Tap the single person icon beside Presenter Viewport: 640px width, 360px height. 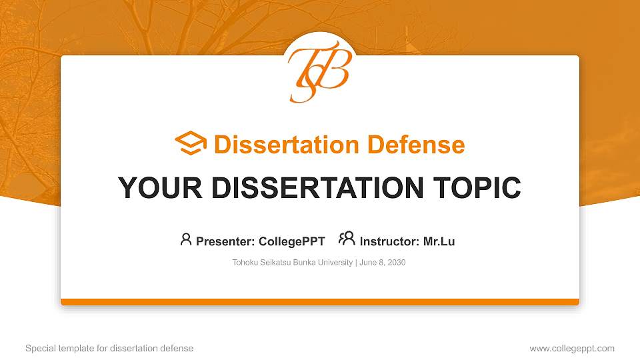[186, 239]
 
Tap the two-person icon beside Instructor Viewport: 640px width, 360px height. [347, 239]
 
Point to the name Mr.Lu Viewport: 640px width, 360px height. [439, 241]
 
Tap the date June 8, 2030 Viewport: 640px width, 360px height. [383, 263]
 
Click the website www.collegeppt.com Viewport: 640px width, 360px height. [572, 348]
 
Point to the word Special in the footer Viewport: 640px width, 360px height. [39, 348]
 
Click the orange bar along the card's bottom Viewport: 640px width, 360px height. [320, 302]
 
